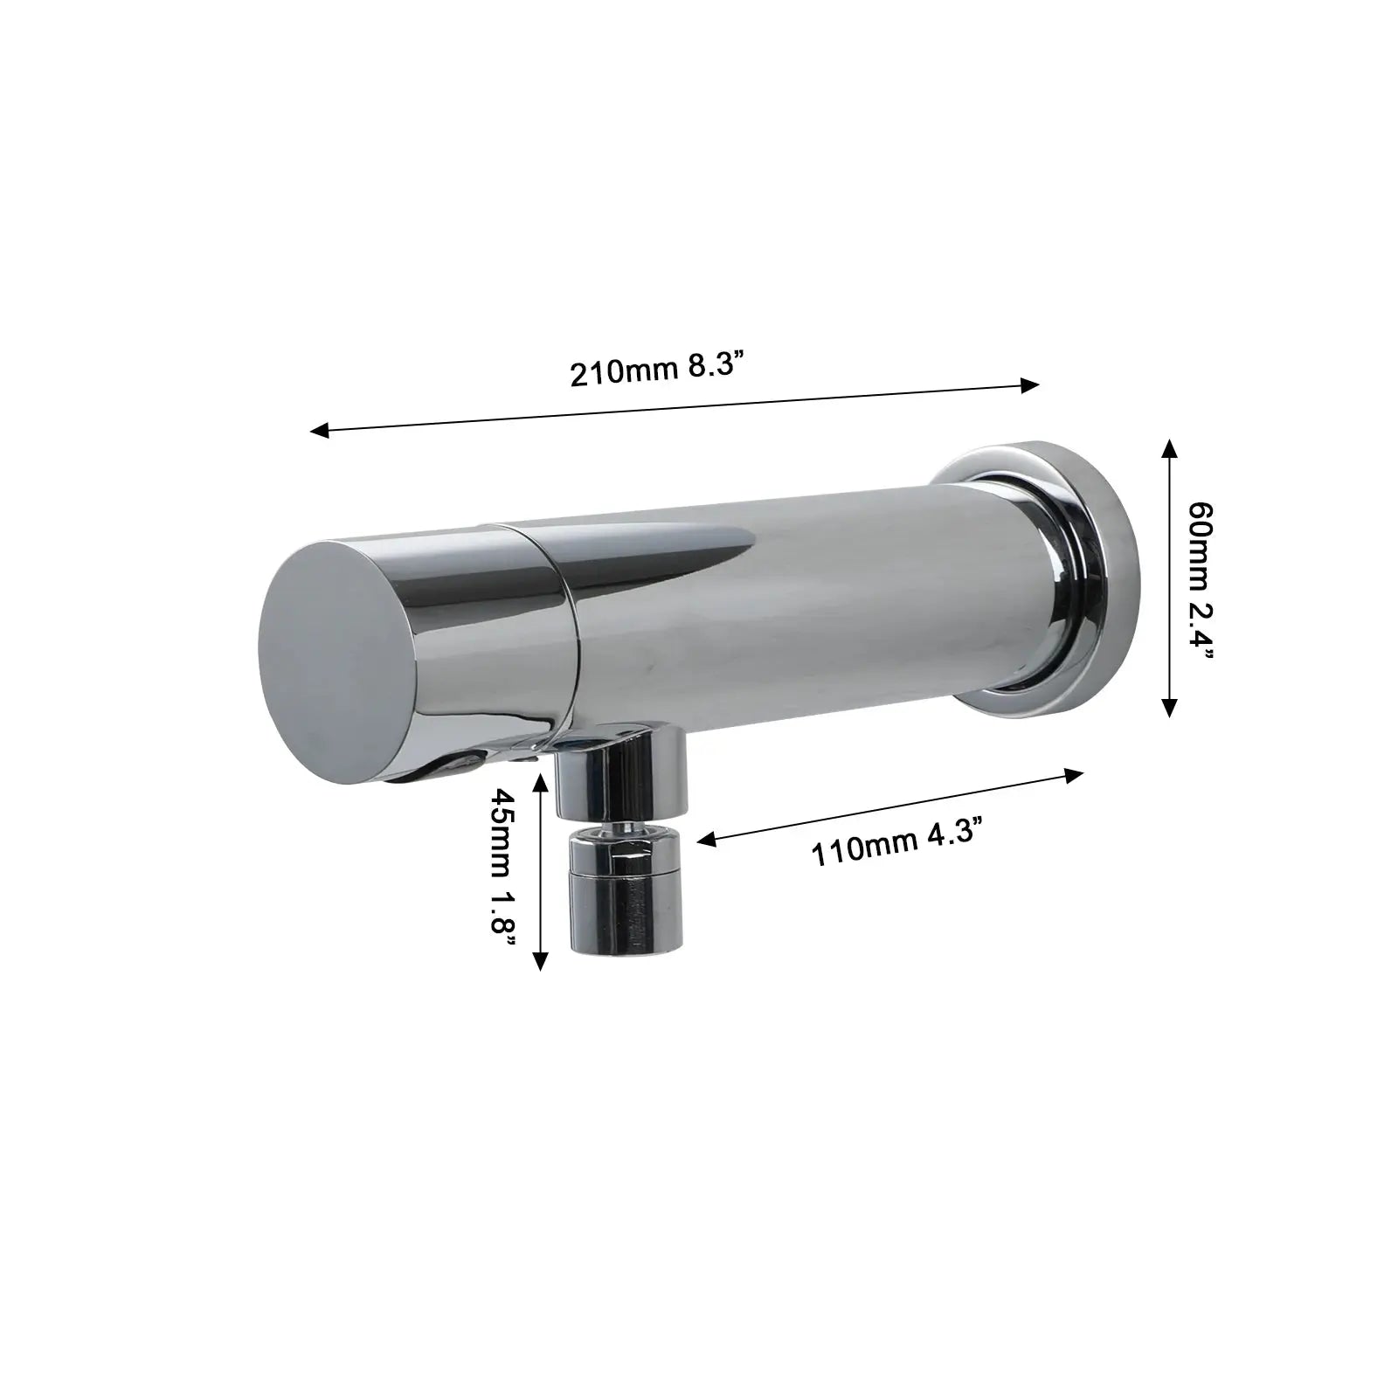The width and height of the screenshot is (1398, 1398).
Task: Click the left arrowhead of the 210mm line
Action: pyautogui.click(x=321, y=430)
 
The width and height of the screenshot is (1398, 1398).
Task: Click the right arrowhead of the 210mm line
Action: pyautogui.click(x=1031, y=385)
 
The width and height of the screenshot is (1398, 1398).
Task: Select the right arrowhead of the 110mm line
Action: pyautogui.click(x=1074, y=774)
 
